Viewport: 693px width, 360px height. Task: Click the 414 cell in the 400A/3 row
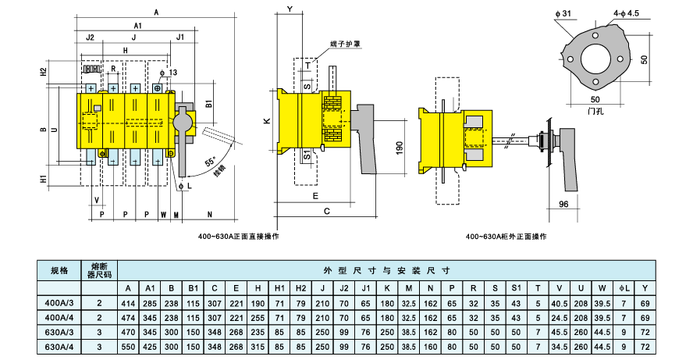129,303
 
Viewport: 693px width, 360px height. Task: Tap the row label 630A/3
60,330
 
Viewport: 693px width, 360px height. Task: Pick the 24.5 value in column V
557,317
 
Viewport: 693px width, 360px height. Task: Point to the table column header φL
623,288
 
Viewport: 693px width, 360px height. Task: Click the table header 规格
60,271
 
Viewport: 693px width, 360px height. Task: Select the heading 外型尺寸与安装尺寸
387,270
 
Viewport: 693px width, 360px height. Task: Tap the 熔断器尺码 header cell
100,271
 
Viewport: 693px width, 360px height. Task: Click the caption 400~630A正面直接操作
238,235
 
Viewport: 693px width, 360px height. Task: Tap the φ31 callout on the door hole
565,13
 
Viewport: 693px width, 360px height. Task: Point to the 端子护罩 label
344,45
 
